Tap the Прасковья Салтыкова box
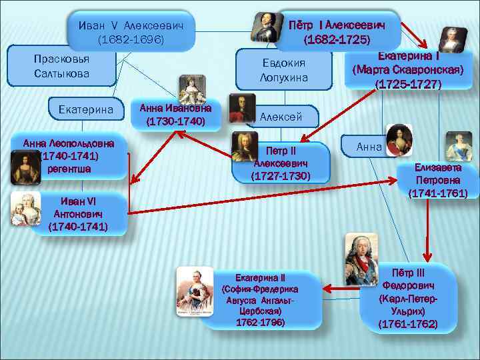(x=61, y=65)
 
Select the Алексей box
(x=281, y=117)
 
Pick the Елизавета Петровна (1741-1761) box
(x=437, y=181)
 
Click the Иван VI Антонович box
(x=77, y=213)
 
